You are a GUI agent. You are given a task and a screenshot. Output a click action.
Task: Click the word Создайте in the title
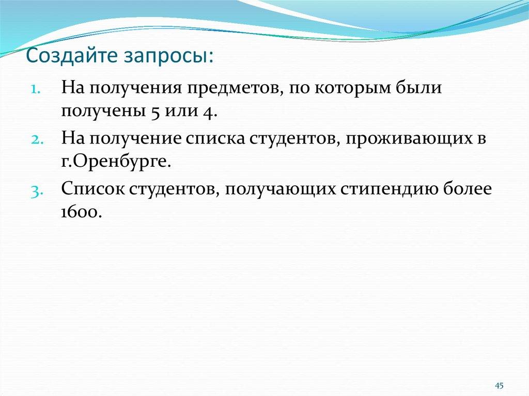point(72,55)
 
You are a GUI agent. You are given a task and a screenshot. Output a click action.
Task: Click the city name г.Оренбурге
point(116,162)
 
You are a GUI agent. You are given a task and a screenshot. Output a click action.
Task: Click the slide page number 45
point(499,386)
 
